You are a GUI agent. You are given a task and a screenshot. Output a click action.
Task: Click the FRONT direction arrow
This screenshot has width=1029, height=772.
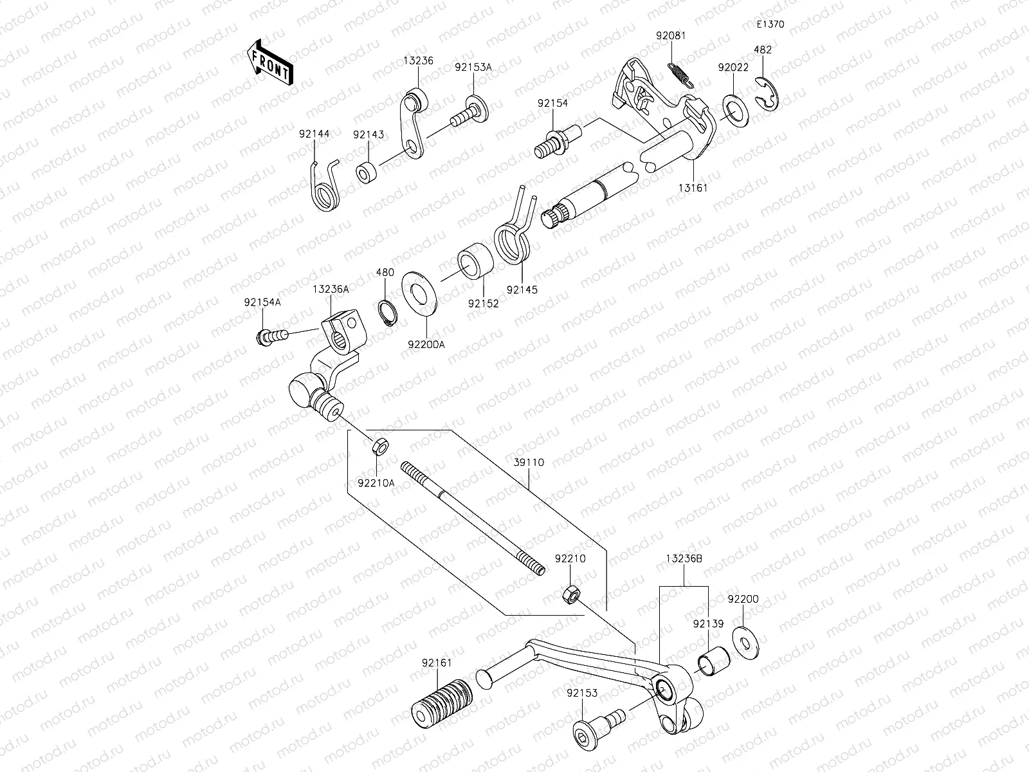pyautogui.click(x=268, y=62)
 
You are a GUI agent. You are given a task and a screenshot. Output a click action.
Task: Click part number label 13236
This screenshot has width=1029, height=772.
pyautogui.click(x=419, y=61)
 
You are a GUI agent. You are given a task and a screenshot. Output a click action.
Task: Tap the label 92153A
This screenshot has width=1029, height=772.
pyautogui.click(x=473, y=67)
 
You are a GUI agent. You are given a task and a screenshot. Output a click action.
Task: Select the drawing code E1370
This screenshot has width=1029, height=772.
pyautogui.click(x=770, y=25)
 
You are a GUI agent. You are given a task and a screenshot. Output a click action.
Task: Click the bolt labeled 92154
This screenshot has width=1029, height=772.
pyautogui.click(x=557, y=143)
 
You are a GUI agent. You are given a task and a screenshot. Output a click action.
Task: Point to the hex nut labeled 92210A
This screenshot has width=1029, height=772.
pyautogui.click(x=379, y=445)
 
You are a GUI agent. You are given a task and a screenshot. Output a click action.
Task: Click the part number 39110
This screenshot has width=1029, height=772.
pyautogui.click(x=529, y=463)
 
